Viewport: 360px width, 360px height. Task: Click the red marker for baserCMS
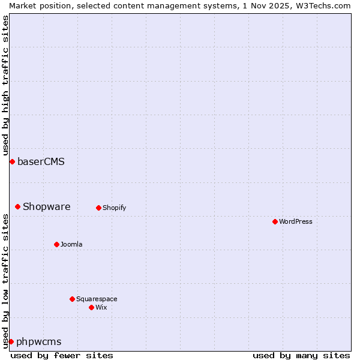point(12,161)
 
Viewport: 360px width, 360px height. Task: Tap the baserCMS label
point(41,161)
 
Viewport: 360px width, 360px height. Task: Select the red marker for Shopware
point(18,207)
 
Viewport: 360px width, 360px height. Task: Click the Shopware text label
point(47,207)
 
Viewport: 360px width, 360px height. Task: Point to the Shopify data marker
point(98,208)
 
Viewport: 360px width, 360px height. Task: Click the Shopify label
point(114,208)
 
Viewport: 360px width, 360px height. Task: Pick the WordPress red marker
point(275,222)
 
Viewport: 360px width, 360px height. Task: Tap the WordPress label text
point(295,222)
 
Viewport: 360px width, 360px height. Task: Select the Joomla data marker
point(56,244)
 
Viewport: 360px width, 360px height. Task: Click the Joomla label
point(71,244)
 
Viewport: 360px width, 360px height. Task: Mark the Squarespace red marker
point(72,299)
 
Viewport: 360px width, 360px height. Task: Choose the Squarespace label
point(97,299)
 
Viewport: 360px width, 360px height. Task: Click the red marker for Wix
point(91,307)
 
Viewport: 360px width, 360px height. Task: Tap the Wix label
point(101,307)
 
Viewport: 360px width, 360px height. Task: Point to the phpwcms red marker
point(11,341)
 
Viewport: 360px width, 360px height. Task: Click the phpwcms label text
point(39,342)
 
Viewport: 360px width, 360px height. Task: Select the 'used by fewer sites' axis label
point(62,355)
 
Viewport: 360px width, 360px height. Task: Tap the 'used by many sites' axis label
point(301,355)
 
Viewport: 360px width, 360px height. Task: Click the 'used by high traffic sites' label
point(5,83)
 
